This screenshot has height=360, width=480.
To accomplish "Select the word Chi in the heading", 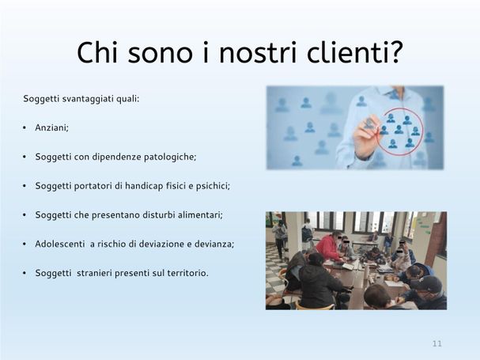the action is [x=97, y=52].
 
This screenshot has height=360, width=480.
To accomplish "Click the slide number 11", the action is [x=437, y=343].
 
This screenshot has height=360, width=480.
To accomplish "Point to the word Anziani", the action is [x=51, y=127].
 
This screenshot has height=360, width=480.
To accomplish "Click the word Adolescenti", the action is [x=59, y=244].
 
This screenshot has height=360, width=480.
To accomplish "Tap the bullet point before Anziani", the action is [x=25, y=128].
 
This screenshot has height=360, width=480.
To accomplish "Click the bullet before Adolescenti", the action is [x=25, y=244].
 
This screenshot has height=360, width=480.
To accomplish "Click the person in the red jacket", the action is [x=328, y=247].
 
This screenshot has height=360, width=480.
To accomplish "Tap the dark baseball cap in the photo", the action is [x=425, y=284].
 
